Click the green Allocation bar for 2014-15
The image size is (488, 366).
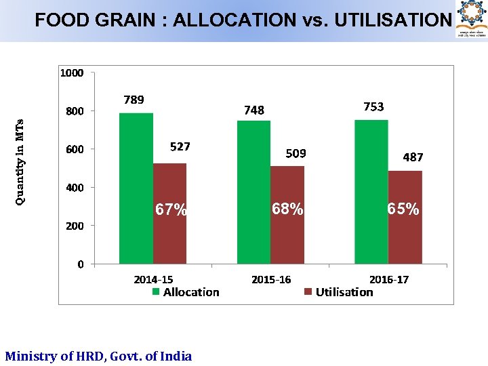(136, 188)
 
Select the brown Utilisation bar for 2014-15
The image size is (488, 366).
(169, 213)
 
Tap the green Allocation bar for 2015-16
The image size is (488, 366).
(253, 192)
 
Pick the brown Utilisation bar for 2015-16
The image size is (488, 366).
(287, 215)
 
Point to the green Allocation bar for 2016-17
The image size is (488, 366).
(371, 192)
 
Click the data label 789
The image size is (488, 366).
(134, 100)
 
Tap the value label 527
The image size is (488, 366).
(180, 146)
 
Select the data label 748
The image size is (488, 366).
(254, 110)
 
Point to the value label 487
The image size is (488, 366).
(413, 157)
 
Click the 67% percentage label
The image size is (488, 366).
(171, 210)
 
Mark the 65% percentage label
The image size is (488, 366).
(403, 209)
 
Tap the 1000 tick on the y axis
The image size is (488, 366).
(72, 73)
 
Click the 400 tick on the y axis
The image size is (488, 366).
(75, 187)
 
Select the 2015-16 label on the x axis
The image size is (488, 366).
(271, 279)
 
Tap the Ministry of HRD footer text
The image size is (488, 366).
(98, 356)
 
